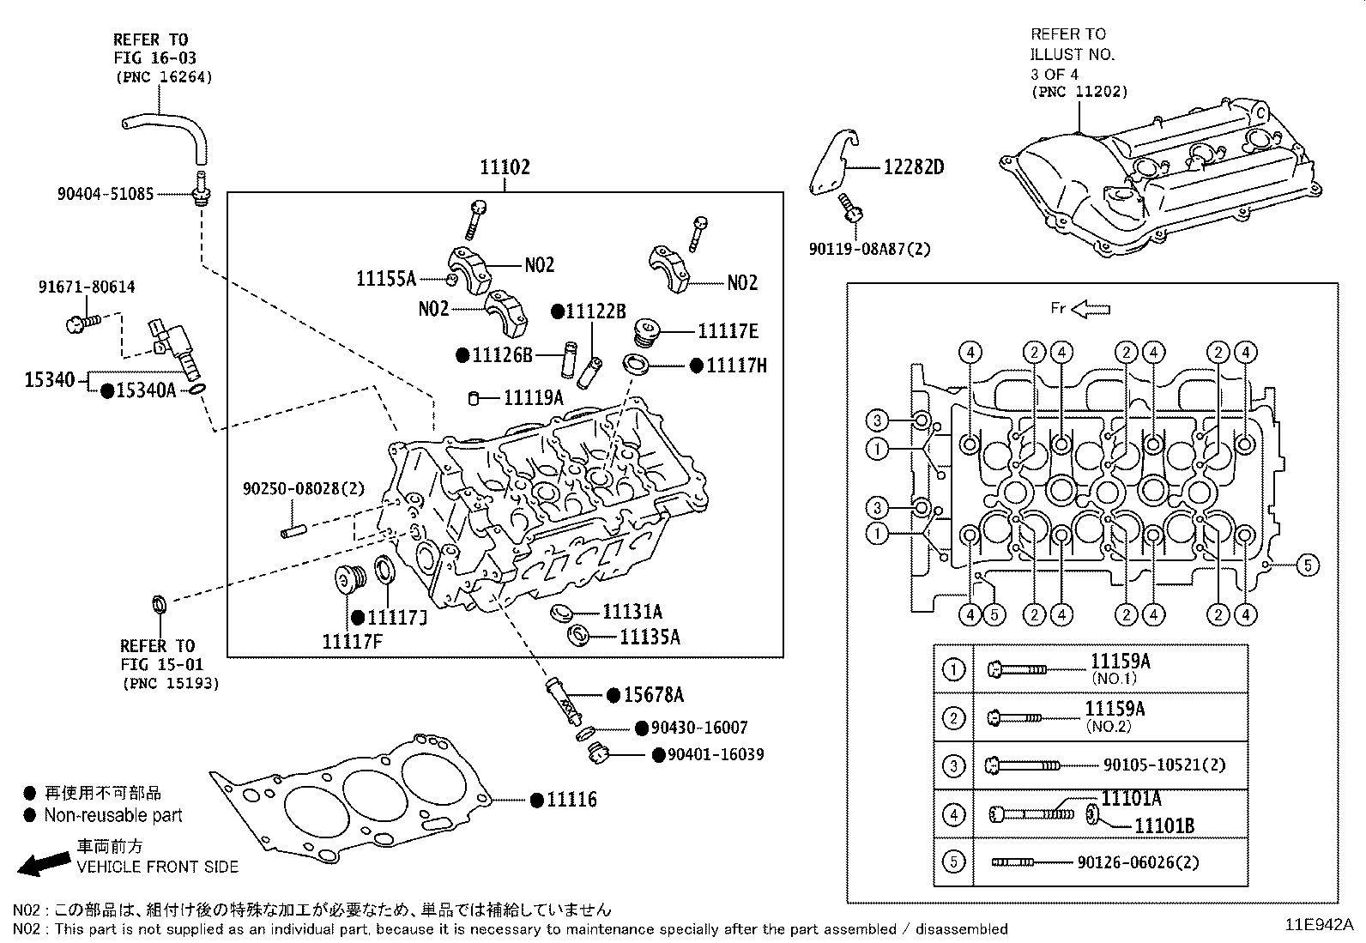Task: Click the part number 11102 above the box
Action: coord(505,167)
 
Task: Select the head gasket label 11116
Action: coord(571,800)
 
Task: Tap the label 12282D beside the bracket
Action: coord(913,167)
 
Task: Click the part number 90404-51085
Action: coord(106,194)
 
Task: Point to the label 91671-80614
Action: coord(86,287)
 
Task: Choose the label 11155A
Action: coord(386,279)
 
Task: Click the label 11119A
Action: coord(533,397)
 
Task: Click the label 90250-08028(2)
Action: coord(304,488)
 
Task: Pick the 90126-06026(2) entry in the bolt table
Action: coord(1138,862)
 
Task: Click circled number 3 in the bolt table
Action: coord(953,765)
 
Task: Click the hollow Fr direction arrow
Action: coord(1091,308)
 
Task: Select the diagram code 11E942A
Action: coord(1319,925)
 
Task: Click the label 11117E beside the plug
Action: coord(728,331)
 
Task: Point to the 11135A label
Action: coord(649,637)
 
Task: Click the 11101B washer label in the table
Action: coord(1164,826)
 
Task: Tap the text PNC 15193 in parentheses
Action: coord(170,684)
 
